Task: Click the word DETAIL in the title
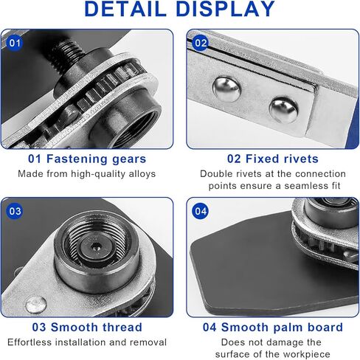pos(126,10)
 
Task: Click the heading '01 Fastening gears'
pos(87,159)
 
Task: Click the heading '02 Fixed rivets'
pos(272,159)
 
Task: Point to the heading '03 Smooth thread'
pos(87,327)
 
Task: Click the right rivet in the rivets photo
pos(283,109)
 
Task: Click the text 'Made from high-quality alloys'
pos(87,174)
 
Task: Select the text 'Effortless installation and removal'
pos(87,342)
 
